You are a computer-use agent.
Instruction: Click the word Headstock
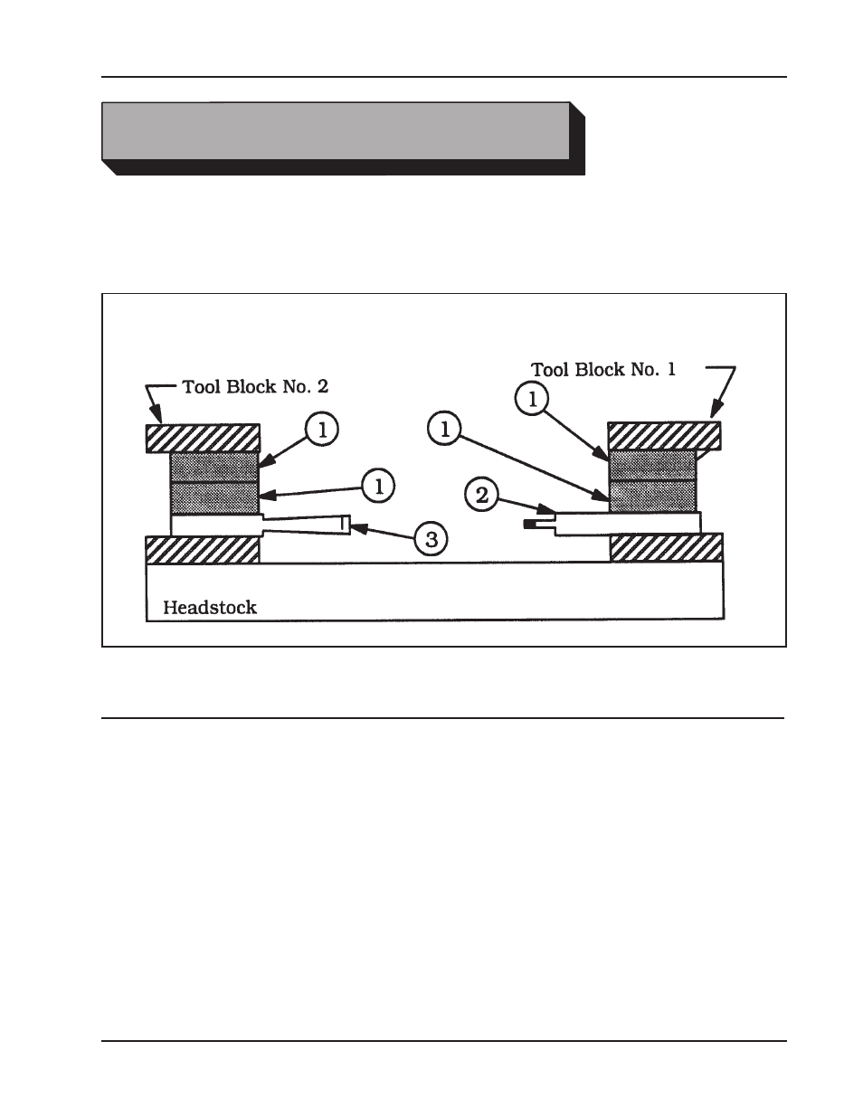coord(209,608)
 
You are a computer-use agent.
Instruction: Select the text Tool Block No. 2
coord(255,386)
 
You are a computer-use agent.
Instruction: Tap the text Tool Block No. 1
coord(602,369)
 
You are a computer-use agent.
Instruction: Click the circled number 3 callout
coord(431,540)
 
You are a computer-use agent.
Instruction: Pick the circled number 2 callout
coord(481,494)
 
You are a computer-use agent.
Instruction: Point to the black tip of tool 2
coord(529,525)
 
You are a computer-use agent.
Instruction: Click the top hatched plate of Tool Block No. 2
coord(203,438)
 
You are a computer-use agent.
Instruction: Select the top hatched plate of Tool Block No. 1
coord(665,435)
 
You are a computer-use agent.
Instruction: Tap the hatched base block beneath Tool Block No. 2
coord(203,549)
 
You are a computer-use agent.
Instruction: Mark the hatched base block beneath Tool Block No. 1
coord(667,547)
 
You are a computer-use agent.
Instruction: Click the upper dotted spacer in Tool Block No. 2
coord(214,467)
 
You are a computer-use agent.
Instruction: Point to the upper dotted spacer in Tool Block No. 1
coord(653,465)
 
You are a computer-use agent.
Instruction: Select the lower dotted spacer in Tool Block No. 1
coord(653,496)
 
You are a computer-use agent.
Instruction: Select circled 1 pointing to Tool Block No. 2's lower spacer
coord(379,486)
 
